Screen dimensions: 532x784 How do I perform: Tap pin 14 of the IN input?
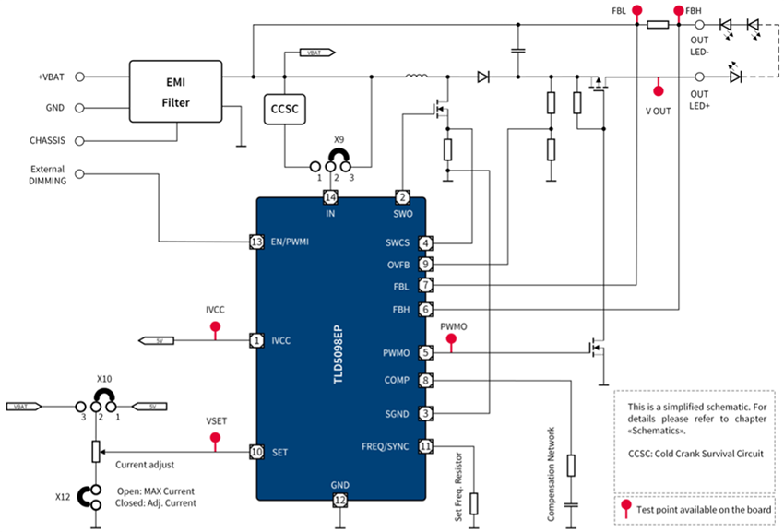point(331,197)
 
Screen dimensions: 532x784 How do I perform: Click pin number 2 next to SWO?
point(402,197)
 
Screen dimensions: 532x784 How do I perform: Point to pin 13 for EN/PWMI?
point(257,242)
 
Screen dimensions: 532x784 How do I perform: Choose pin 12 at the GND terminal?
point(340,501)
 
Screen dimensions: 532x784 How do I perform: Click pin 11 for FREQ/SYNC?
point(425,446)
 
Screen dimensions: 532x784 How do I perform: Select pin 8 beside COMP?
point(425,380)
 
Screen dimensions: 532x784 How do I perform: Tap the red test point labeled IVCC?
point(216,328)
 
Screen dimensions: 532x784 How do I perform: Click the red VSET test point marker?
point(216,438)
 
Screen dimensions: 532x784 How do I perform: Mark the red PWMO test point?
point(451,340)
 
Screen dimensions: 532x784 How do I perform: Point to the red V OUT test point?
point(658,90)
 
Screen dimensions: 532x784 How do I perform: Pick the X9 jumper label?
point(339,143)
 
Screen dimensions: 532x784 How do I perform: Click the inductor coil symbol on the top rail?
point(417,77)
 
